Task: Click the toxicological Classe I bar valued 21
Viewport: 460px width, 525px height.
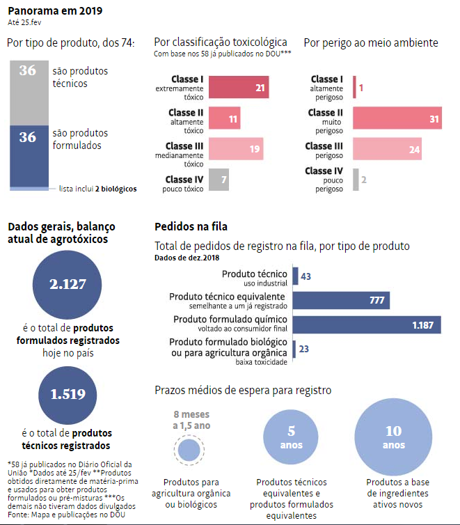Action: pos(238,88)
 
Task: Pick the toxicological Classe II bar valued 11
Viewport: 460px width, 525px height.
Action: pos(224,119)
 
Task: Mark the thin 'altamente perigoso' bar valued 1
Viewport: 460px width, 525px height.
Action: pos(354,88)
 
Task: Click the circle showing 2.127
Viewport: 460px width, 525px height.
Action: pos(68,283)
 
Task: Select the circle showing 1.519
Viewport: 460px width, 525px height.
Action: pos(68,393)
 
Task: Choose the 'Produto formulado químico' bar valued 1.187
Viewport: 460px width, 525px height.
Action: pos(365,325)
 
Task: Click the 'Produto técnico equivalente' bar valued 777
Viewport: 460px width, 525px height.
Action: pos(341,300)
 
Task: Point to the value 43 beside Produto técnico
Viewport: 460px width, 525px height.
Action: pos(306,276)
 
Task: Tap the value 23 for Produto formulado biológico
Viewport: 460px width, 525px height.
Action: pos(304,350)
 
